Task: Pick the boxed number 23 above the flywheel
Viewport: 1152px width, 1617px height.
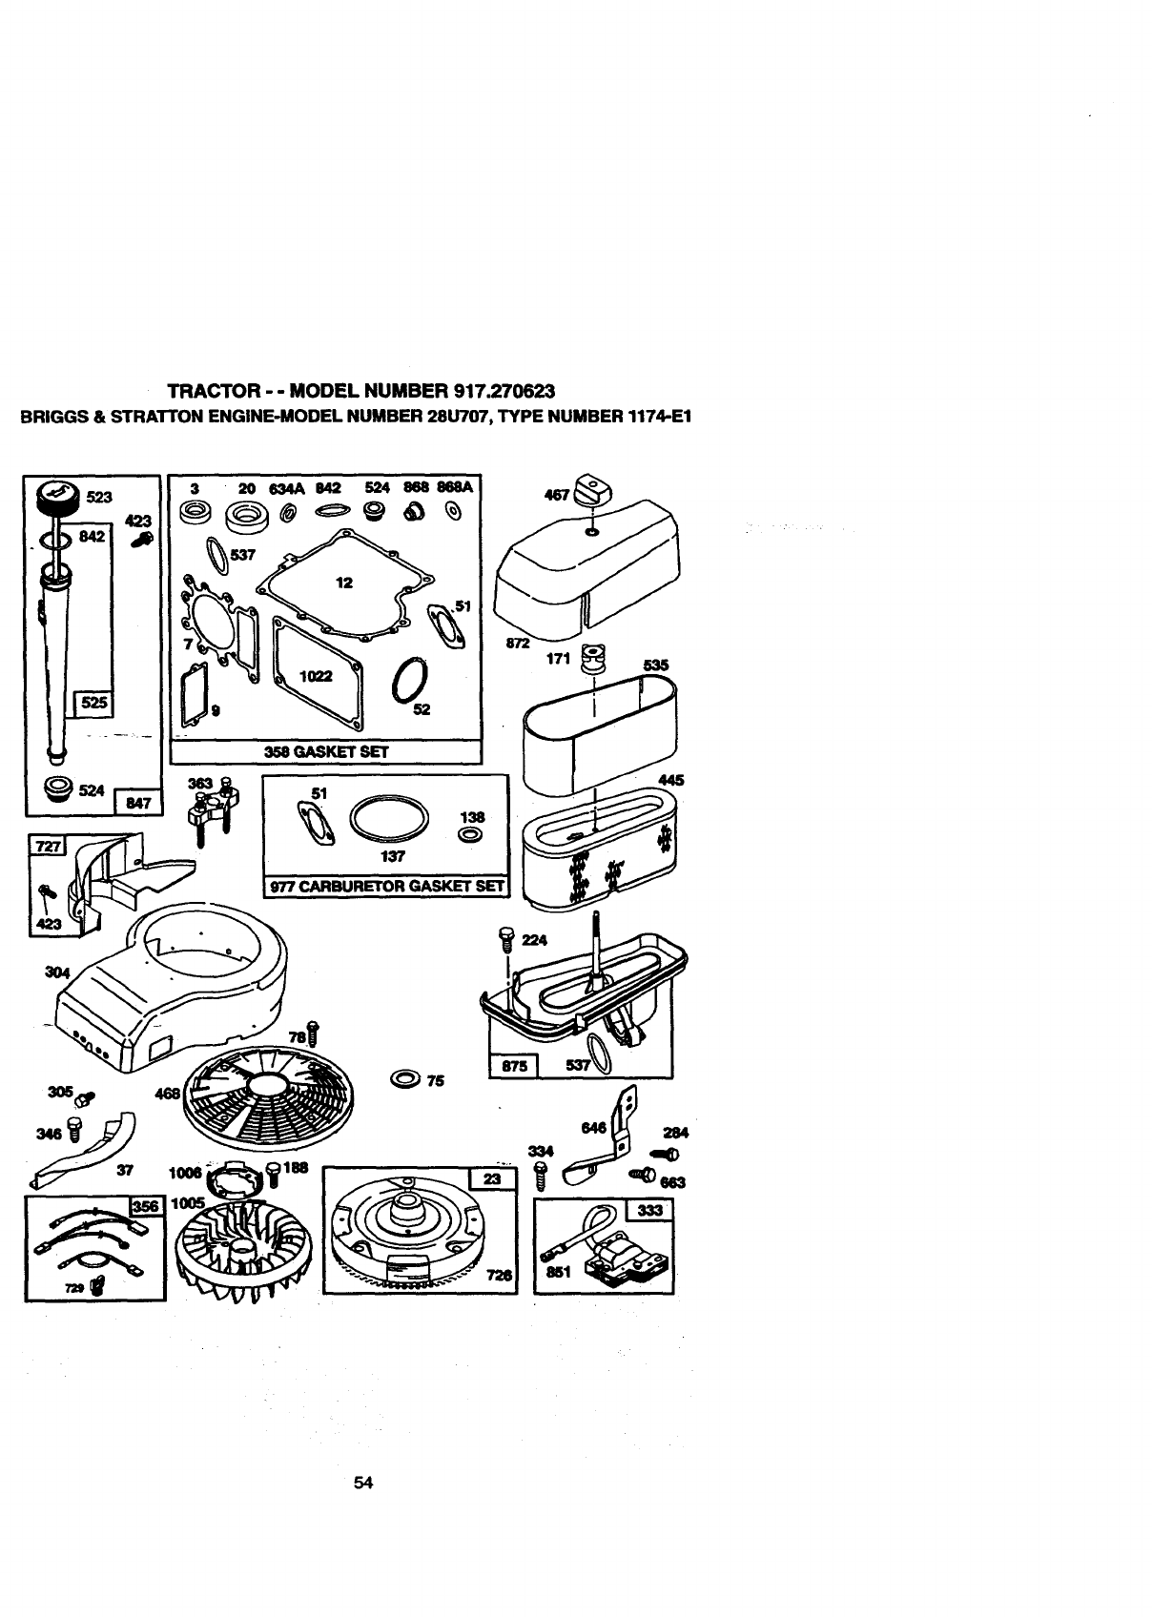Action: (x=492, y=1178)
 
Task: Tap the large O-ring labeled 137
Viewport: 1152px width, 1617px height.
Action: (x=388, y=816)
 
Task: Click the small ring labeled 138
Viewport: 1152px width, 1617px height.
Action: (x=469, y=835)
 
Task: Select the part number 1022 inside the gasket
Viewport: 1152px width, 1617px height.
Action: (x=315, y=675)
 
